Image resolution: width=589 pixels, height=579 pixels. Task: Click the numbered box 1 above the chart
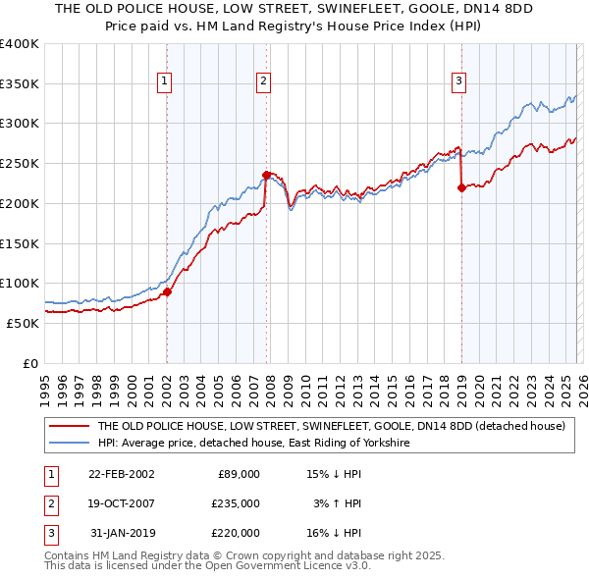tap(165, 81)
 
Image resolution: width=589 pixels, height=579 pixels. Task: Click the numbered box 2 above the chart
tap(264, 81)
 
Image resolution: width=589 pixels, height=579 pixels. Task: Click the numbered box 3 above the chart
tap(458, 81)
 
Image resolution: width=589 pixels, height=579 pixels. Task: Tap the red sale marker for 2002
tap(167, 291)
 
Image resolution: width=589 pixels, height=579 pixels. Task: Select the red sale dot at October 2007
tap(266, 176)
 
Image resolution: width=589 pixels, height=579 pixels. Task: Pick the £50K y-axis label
tap(23, 322)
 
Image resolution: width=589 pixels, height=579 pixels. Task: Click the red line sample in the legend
tap(69, 427)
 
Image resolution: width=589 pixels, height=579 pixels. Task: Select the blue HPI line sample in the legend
tap(69, 444)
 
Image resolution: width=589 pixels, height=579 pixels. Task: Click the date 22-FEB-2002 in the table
tap(121, 474)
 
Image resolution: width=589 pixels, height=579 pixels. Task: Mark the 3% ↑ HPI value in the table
tap(338, 503)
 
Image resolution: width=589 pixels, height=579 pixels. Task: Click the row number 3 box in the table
tap(49, 533)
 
